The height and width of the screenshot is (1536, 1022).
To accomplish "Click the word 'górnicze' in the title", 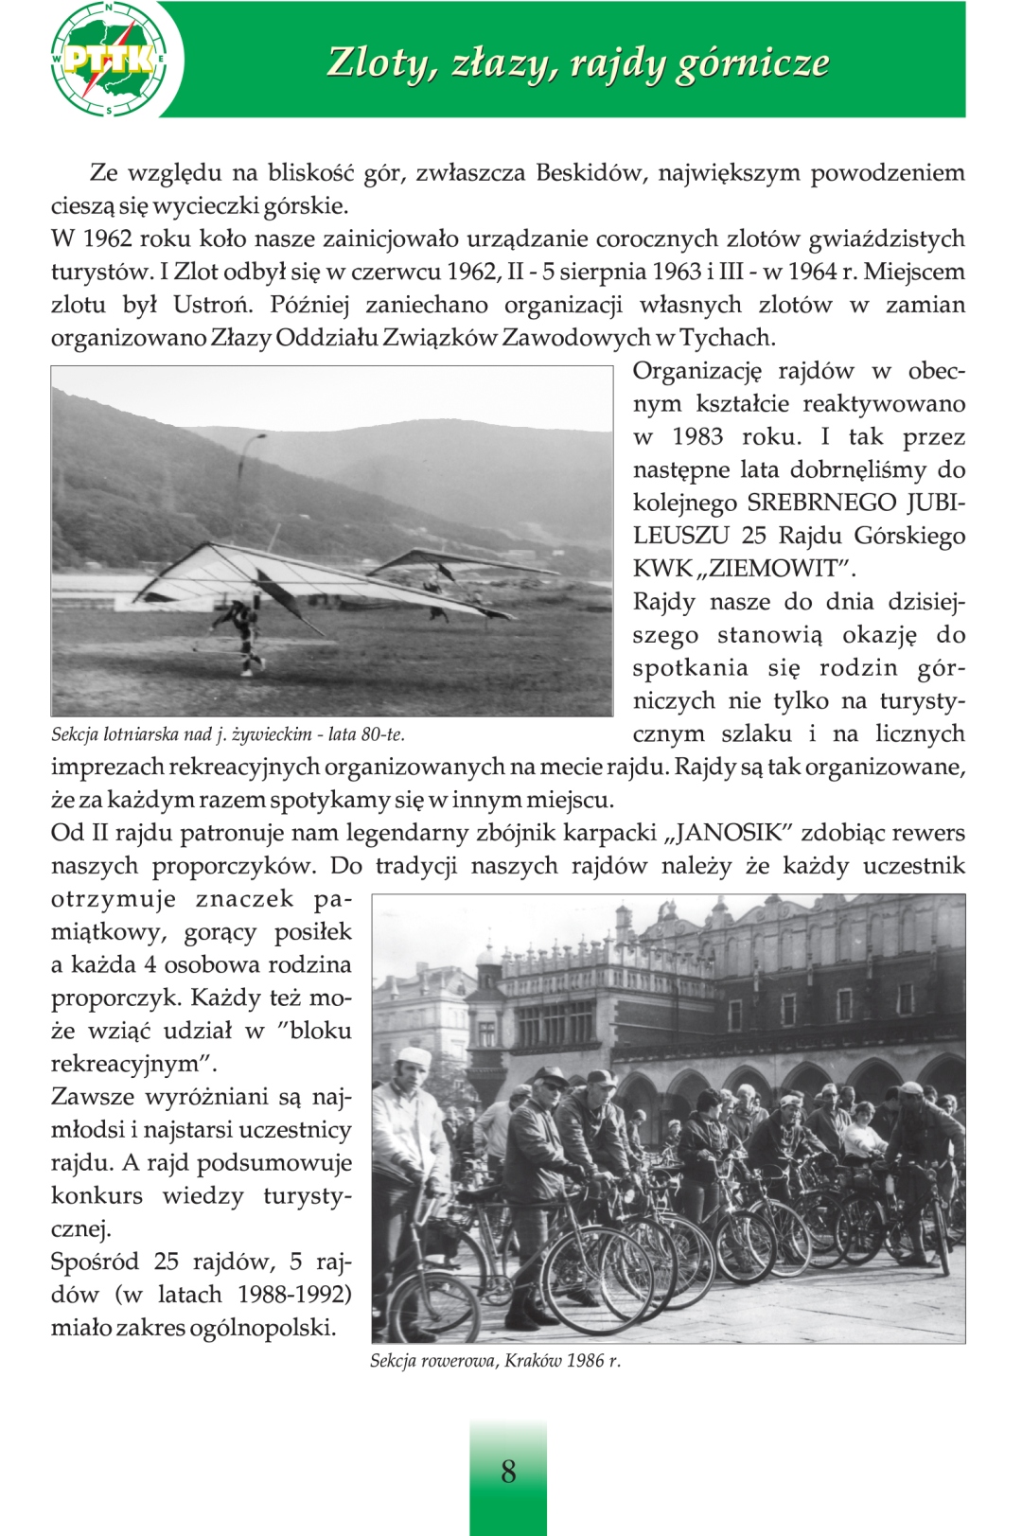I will coord(752,62).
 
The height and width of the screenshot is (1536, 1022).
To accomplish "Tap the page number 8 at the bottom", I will coord(508,1471).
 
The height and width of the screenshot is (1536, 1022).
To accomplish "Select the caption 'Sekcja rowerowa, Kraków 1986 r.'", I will coord(495,1361).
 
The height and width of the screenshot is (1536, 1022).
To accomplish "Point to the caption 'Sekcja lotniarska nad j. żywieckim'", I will coord(227,734).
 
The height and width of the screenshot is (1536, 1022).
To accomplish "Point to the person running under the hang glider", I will coord(246,634).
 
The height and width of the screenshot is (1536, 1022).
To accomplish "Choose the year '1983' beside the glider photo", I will coord(697,437).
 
